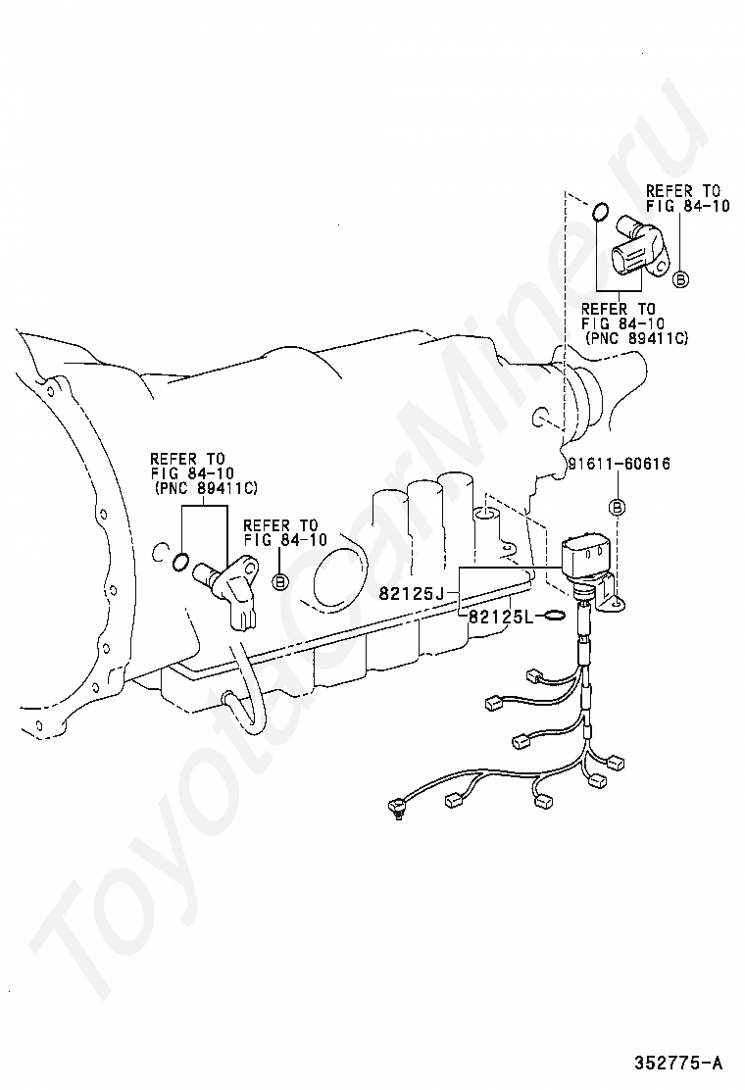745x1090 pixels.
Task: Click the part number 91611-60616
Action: [620, 464]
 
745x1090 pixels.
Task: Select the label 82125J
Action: [411, 594]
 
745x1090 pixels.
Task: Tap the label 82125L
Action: [500, 616]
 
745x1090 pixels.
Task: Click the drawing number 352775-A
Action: [677, 1063]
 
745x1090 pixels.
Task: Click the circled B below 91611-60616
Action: [617, 508]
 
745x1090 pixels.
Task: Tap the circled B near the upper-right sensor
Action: [681, 279]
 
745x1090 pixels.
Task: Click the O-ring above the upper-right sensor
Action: [602, 212]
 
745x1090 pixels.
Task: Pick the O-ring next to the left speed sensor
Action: [180, 562]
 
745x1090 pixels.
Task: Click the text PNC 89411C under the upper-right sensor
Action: [636, 338]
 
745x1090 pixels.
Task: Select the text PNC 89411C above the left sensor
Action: [204, 489]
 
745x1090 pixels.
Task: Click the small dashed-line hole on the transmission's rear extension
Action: [538, 419]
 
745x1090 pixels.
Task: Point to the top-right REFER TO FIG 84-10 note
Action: [687, 197]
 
